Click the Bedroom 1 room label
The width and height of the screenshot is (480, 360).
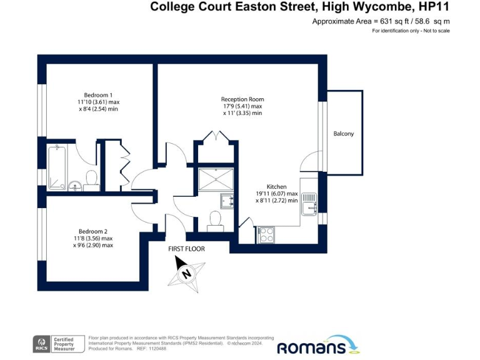(98, 94)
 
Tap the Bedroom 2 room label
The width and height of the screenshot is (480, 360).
(93, 231)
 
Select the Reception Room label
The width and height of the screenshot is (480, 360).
(242, 99)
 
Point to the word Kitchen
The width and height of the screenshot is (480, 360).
(276, 187)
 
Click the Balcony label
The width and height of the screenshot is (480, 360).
(343, 134)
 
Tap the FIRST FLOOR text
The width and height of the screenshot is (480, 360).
(186, 249)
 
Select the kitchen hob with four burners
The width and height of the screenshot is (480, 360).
(266, 235)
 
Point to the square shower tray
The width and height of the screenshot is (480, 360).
(216, 179)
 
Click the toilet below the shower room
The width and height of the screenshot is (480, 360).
(216, 220)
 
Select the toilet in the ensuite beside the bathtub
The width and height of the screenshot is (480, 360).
(91, 179)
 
